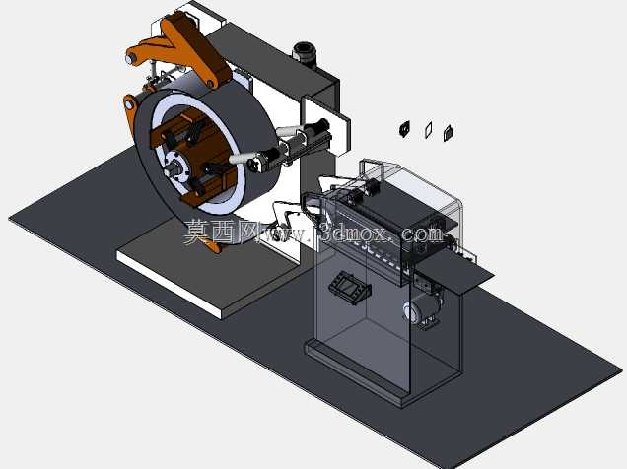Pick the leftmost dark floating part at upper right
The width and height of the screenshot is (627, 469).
(404, 129)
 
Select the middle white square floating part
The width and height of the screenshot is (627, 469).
(428, 130)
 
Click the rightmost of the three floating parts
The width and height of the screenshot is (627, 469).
(449, 133)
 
